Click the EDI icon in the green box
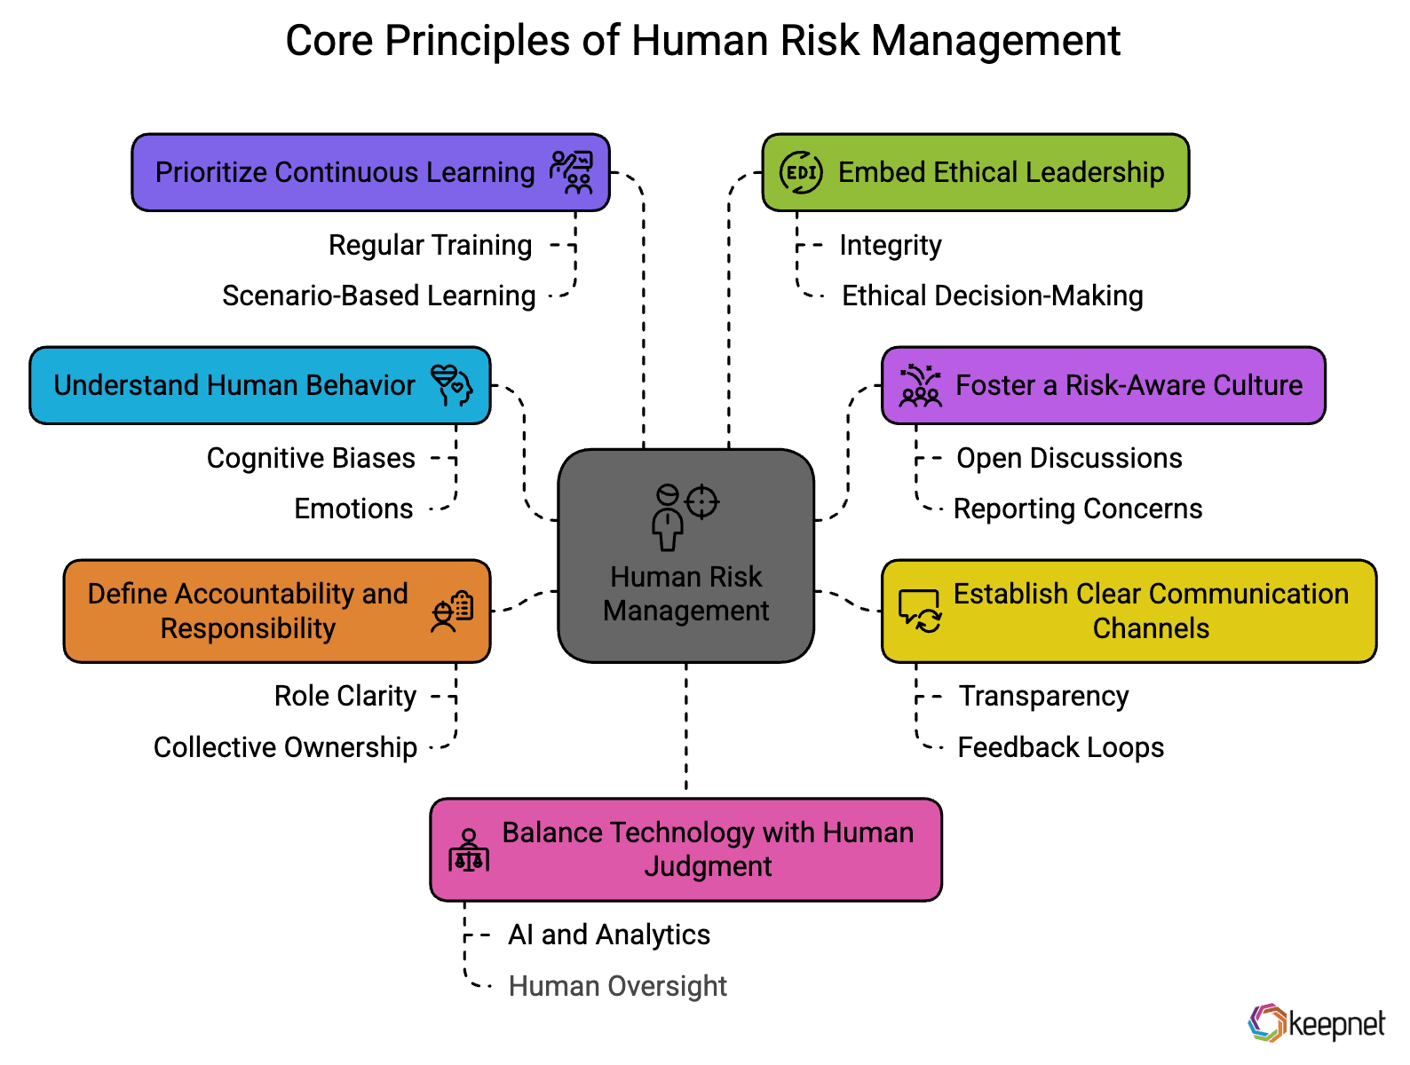point(800,172)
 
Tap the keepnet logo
point(1316,1022)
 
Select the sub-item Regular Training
point(430,245)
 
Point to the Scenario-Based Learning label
point(378,296)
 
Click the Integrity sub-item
point(891,245)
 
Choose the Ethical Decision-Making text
point(993,296)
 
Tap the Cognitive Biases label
point(311,458)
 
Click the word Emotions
point(353,509)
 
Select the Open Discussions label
point(1069,458)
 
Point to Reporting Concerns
point(1077,509)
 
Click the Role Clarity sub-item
point(345,697)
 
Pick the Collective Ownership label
point(285,748)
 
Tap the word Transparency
point(1044,697)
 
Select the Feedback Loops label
point(1060,748)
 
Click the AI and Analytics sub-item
point(609,935)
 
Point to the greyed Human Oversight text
point(617,986)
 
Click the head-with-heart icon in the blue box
point(452,384)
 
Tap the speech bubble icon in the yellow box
point(920,611)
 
